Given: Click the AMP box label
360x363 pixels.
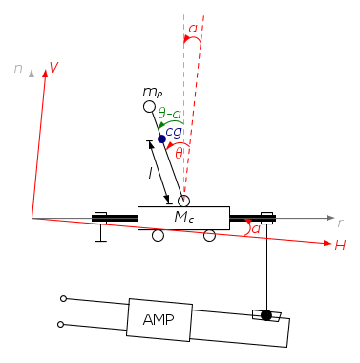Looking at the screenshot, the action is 159,319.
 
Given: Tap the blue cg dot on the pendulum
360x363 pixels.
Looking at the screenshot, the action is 161,139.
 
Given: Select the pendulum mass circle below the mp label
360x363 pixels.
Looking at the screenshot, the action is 149,107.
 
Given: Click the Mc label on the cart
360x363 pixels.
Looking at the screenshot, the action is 184,217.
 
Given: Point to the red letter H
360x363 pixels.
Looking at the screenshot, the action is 340,246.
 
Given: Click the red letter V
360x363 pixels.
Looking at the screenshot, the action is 53,68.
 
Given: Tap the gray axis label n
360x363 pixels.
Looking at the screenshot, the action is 18,68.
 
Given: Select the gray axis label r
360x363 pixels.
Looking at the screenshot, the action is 340,224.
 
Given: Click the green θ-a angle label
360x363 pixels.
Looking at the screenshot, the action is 169,114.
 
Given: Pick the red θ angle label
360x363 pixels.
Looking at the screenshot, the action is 179,154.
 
